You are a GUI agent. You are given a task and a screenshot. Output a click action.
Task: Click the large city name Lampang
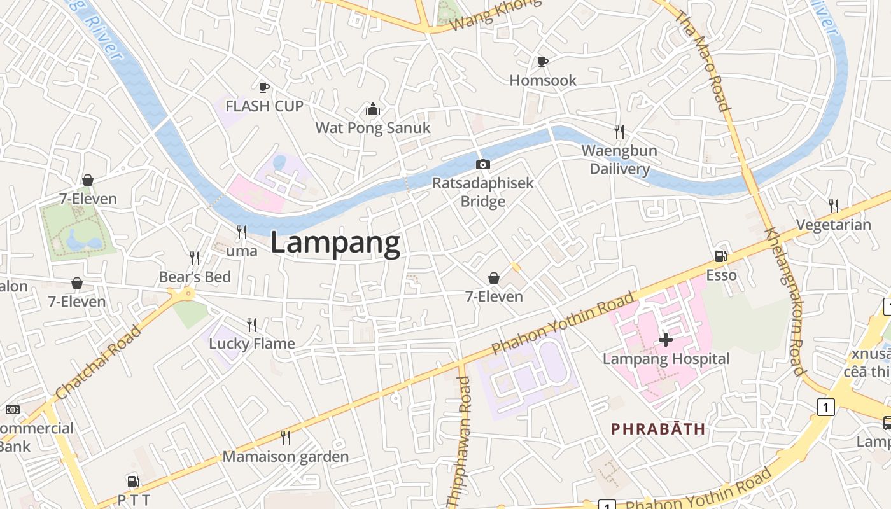coord(335,243)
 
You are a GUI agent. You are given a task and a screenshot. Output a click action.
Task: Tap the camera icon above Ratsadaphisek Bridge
coord(483,165)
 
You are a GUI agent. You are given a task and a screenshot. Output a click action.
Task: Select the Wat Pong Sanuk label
coord(373,128)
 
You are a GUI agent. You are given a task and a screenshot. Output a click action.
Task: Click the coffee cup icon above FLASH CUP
coord(264,87)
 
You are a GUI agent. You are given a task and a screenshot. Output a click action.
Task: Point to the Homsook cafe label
coord(543,80)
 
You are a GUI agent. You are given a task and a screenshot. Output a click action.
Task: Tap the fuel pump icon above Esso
coord(721,256)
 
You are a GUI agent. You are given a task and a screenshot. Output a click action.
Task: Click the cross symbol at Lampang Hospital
coord(666,340)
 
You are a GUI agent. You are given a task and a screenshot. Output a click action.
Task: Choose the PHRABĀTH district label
coord(658,429)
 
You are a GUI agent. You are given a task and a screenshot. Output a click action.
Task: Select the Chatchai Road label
coord(99,362)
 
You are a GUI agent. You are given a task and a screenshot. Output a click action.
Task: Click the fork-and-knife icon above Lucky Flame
coord(252,325)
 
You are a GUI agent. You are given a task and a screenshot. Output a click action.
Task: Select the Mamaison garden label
coord(285,457)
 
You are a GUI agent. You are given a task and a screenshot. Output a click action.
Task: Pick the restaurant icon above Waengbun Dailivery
coord(619,132)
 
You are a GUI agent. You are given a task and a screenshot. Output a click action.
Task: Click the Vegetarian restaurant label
coord(834,225)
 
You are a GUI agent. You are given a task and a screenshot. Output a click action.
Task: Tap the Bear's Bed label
coord(195,277)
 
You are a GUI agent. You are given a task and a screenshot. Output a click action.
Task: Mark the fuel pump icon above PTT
coord(133,482)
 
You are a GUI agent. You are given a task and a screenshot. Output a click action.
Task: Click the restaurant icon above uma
coord(242,232)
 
